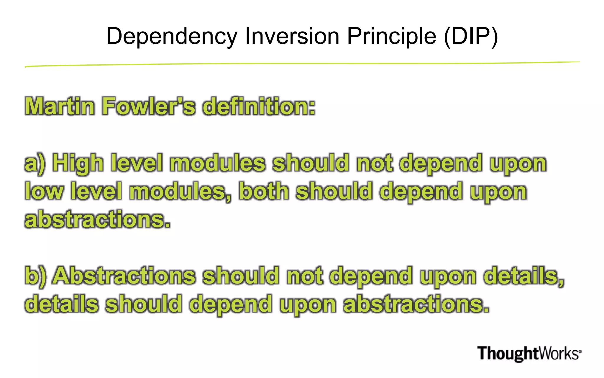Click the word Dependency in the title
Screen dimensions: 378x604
click(172, 37)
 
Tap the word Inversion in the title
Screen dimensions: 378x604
click(292, 36)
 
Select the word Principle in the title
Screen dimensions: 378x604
click(391, 37)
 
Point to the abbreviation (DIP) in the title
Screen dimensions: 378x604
click(471, 36)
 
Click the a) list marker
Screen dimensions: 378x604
click(35, 164)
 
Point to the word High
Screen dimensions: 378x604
click(78, 164)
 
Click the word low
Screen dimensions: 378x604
click(44, 191)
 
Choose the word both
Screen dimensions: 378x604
click(264, 191)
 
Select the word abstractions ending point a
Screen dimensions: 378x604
click(98, 220)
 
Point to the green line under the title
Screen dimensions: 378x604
click(302, 64)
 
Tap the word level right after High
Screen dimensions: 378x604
click(137, 163)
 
